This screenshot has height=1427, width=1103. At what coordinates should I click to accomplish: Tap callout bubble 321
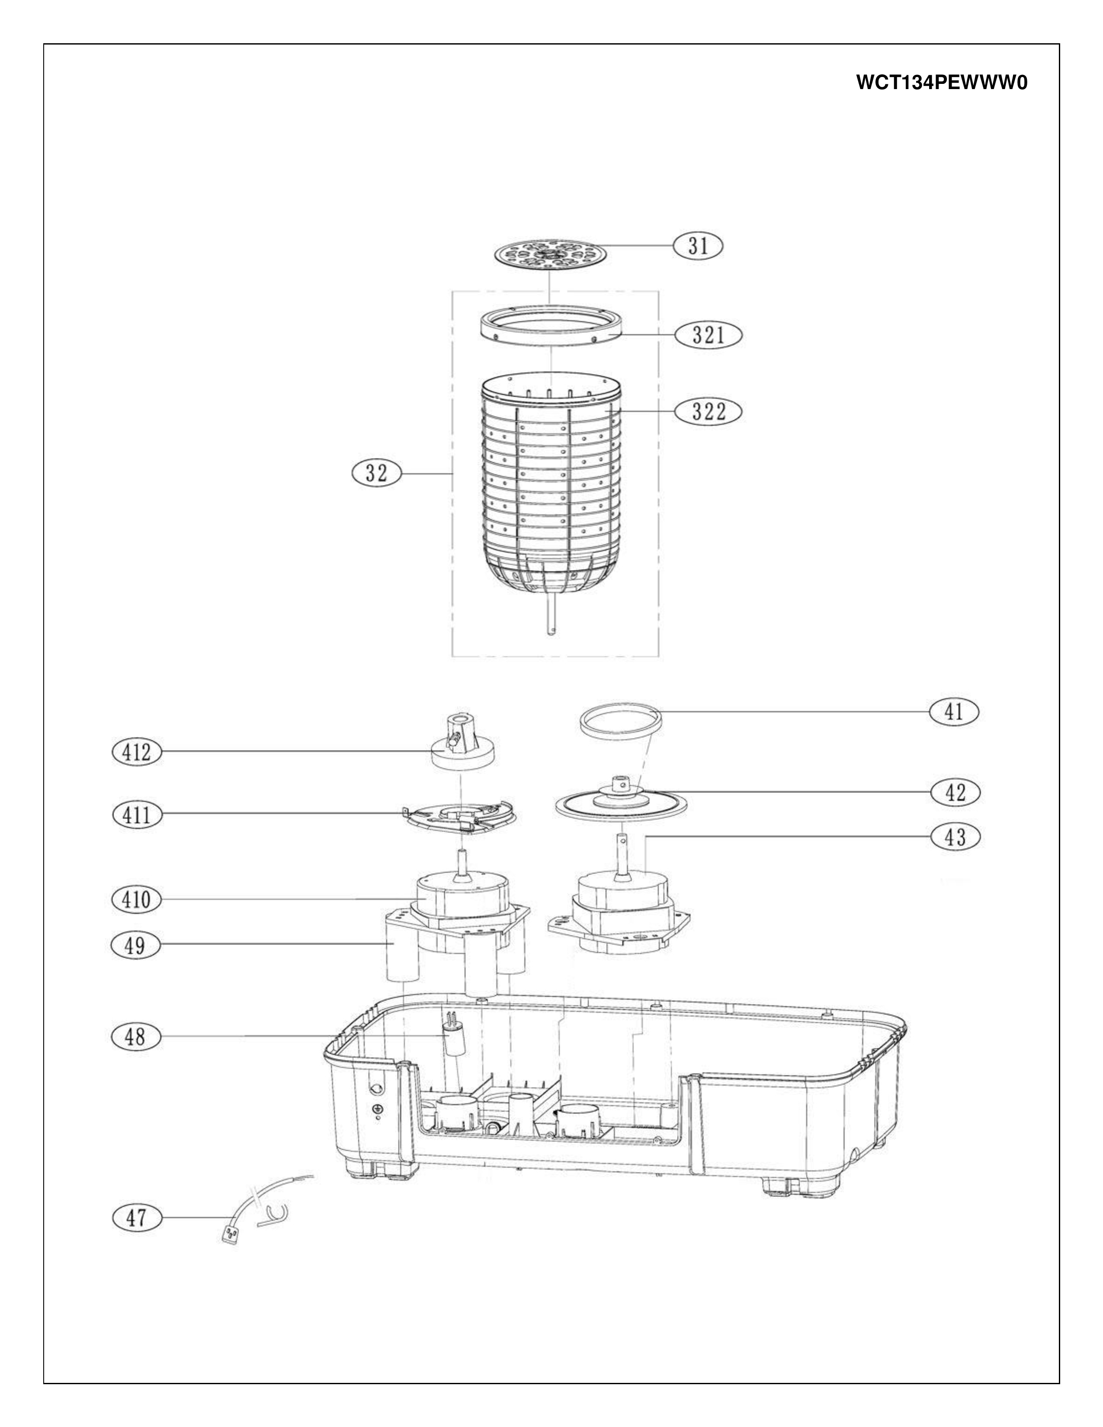click(x=709, y=335)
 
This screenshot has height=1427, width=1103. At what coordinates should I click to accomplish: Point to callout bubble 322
click(x=709, y=412)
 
